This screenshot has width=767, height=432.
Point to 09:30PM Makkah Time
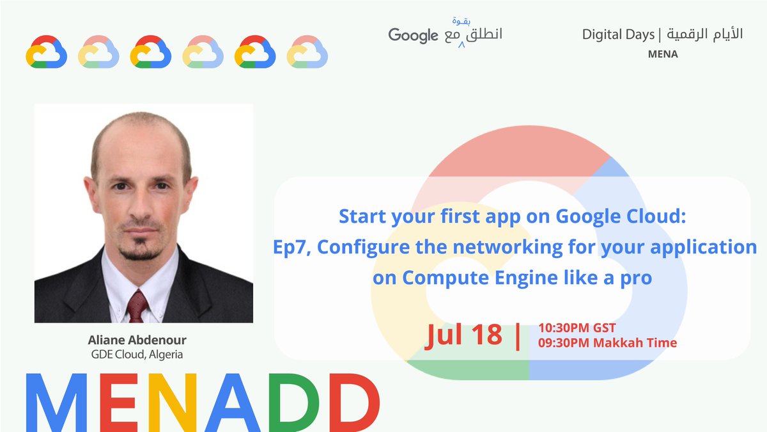pos(607,343)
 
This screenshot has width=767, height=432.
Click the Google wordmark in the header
pos(413,36)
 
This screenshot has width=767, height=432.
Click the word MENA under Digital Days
pos(662,54)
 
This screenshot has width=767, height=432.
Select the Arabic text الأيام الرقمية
pos(706,35)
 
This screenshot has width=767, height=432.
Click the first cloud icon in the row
pos(46,52)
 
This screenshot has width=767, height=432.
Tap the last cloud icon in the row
pos(307,52)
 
